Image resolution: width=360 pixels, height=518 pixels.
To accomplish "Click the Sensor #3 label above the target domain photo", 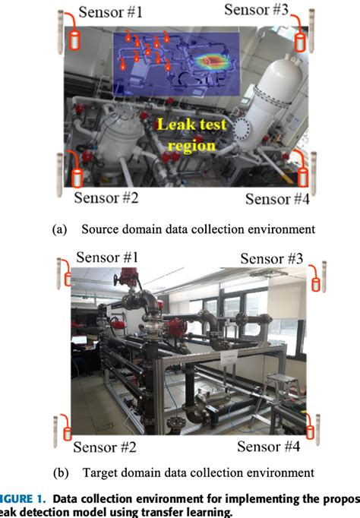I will coord(272,258).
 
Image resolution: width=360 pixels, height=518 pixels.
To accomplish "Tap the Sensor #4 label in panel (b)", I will coord(269,447).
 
